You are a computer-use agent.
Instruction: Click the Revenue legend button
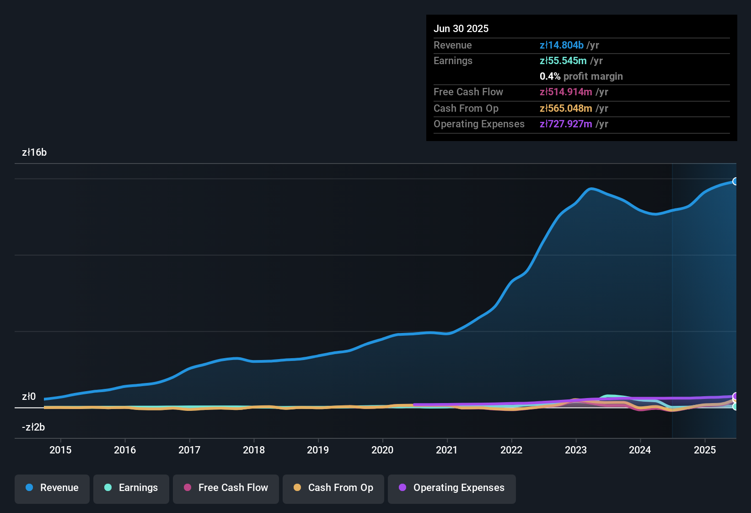click(52, 488)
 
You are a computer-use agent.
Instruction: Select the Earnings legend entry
click(131, 488)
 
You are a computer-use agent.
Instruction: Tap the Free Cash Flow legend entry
click(226, 488)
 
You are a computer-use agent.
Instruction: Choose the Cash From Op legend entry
click(333, 488)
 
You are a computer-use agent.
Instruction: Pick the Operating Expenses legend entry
click(451, 488)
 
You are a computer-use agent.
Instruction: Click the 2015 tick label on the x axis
click(60, 450)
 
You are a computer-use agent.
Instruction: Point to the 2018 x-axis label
click(254, 450)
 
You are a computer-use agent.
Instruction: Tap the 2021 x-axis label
click(447, 450)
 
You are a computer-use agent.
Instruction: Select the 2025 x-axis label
click(705, 450)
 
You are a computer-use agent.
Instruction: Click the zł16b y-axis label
click(34, 153)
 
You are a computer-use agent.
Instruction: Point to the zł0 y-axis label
click(29, 397)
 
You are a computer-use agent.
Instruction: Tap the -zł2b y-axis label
click(33, 427)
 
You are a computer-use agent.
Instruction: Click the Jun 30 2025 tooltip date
click(461, 29)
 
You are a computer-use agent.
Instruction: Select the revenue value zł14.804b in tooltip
click(562, 45)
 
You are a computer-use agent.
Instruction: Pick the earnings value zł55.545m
click(563, 61)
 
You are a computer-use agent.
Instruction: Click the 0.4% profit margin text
click(581, 76)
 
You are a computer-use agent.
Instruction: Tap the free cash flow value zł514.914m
click(566, 92)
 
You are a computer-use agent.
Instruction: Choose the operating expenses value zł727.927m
click(566, 124)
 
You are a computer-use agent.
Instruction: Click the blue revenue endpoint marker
click(735, 181)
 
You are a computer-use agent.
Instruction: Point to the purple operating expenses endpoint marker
click(735, 396)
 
